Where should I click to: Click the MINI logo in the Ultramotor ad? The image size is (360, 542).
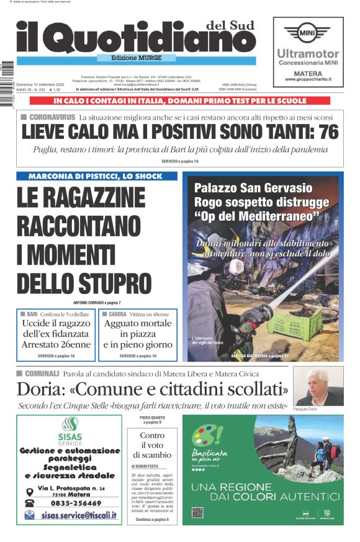pyautogui.click(x=307, y=32)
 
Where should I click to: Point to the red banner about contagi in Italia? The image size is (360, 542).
pyautogui.click(x=180, y=100)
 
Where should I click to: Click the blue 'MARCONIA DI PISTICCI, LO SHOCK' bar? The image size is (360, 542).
pyautogui.click(x=97, y=176)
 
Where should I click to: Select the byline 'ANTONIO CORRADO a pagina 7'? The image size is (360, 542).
pyautogui.click(x=97, y=302)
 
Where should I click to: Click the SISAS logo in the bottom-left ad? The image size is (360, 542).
pyautogui.click(x=69, y=428)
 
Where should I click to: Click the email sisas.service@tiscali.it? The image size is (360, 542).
pyautogui.click(x=78, y=515)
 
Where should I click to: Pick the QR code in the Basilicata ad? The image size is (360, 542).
pyautogui.click(x=197, y=513)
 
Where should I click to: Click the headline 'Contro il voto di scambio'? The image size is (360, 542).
pyautogui.click(x=151, y=445)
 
